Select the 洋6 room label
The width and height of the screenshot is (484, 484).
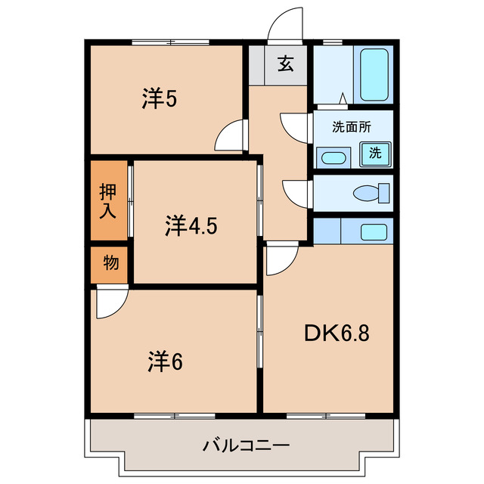(x=164, y=362)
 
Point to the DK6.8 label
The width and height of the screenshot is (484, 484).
(x=337, y=333)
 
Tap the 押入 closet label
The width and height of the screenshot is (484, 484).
(x=109, y=200)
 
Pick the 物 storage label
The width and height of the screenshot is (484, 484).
(x=110, y=264)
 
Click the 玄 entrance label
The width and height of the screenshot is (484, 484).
(x=284, y=64)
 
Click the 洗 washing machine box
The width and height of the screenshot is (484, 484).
(x=376, y=151)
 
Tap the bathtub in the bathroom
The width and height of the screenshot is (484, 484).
(x=374, y=75)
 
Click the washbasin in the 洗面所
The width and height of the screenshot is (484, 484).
(x=333, y=158)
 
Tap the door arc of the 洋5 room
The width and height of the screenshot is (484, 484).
(x=229, y=137)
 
